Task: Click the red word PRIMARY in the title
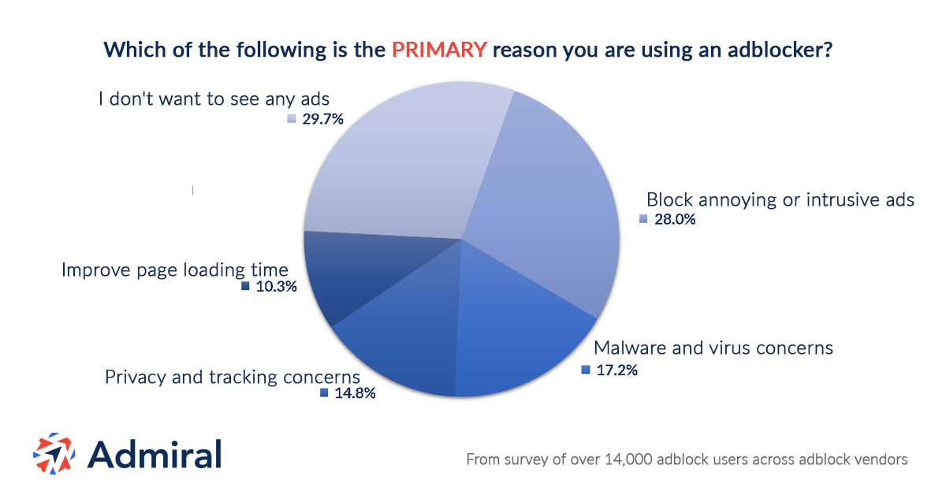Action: [439, 50]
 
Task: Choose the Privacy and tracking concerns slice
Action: [402, 339]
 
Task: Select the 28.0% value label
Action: [674, 219]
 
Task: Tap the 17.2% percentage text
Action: [616, 370]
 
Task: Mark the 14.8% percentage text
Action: [354, 393]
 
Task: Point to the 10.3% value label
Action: [275, 287]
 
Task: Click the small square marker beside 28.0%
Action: [643, 219]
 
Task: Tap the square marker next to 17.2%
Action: [585, 370]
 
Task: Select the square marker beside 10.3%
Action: [245, 287]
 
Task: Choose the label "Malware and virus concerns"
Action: [713, 348]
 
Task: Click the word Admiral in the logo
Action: [155, 454]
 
